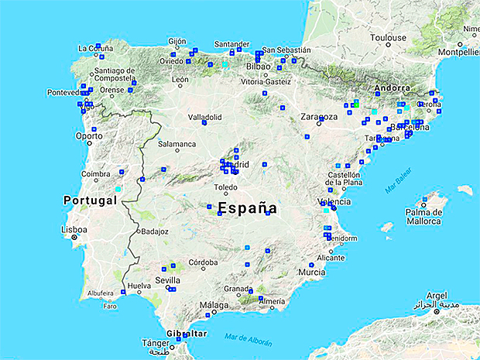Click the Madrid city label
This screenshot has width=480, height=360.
pos(237,165)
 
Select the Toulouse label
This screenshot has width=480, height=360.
pos(388,37)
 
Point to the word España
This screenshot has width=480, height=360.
pos(247,207)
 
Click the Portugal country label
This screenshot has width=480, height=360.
pos(89,200)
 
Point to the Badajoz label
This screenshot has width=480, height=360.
pos(154,231)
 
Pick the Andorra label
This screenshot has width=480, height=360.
pos(391,88)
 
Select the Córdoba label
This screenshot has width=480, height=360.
pos(203,262)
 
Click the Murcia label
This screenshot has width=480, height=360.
pos(312,273)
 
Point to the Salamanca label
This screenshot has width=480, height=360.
pos(177,144)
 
